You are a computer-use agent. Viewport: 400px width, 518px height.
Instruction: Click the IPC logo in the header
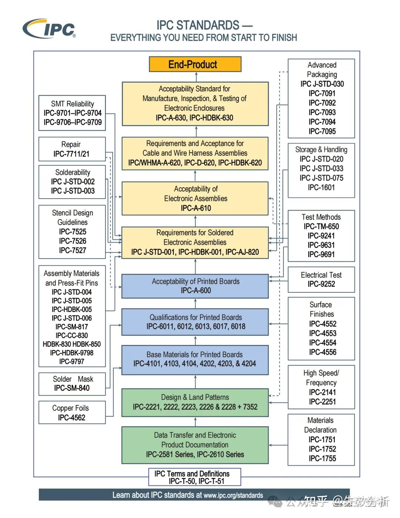pos(49,28)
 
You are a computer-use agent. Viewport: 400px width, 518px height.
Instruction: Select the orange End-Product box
pos(195,64)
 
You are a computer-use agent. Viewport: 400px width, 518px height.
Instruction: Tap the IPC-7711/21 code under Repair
pos(71,154)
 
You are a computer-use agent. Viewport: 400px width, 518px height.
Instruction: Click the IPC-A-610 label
pos(196,208)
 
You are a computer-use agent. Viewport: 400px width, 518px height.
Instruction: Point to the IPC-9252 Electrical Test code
pos(321,284)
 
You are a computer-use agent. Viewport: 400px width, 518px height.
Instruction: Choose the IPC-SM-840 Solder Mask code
pos(72,388)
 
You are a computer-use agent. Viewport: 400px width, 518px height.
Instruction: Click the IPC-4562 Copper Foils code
pos(71,418)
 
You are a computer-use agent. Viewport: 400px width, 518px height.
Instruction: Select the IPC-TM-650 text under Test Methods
pos(321,226)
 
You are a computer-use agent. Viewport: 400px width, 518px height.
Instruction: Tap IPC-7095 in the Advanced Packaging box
pos(322,131)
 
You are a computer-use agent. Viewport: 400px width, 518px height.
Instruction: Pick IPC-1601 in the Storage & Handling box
pos(321,187)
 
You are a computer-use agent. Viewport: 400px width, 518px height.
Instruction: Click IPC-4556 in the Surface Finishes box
pos(323,352)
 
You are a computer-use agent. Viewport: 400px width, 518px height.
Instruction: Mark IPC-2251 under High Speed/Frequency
pos(322,402)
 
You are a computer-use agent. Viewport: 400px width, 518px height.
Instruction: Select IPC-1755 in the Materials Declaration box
pos(322,458)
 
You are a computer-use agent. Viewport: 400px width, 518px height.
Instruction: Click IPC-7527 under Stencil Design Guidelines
pos(73,250)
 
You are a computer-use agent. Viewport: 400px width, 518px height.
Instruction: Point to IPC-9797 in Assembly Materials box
pos(71,361)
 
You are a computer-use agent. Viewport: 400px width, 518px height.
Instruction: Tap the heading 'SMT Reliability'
pos(73,104)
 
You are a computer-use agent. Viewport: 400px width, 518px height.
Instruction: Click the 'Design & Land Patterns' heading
pos(195,397)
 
